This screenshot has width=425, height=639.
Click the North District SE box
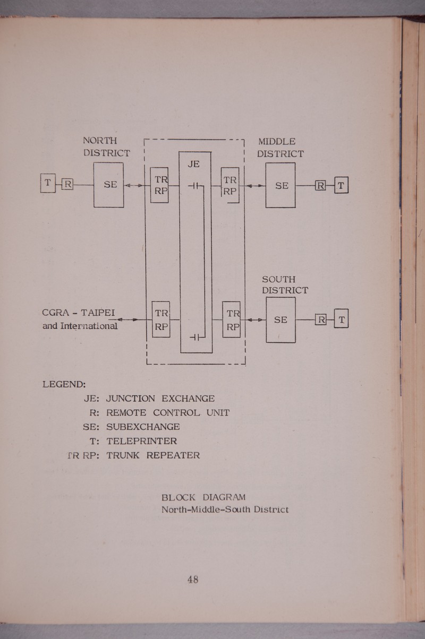(109, 185)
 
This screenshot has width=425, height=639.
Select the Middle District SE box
(280, 185)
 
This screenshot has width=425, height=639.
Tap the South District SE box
(280, 319)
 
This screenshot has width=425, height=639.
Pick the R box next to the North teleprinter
(67, 185)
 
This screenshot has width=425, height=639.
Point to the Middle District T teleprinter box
(341, 185)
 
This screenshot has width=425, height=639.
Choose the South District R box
(321, 319)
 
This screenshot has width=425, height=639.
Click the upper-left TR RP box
(159, 185)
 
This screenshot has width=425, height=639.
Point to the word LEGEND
(64, 384)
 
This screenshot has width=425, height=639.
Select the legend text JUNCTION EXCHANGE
(160, 399)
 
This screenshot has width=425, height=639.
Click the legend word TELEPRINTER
(141, 441)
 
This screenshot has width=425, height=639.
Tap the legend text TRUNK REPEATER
(153, 455)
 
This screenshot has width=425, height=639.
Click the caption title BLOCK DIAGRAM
(203, 497)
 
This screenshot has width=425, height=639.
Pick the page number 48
(192, 580)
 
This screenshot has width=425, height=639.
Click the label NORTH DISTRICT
(106, 147)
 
